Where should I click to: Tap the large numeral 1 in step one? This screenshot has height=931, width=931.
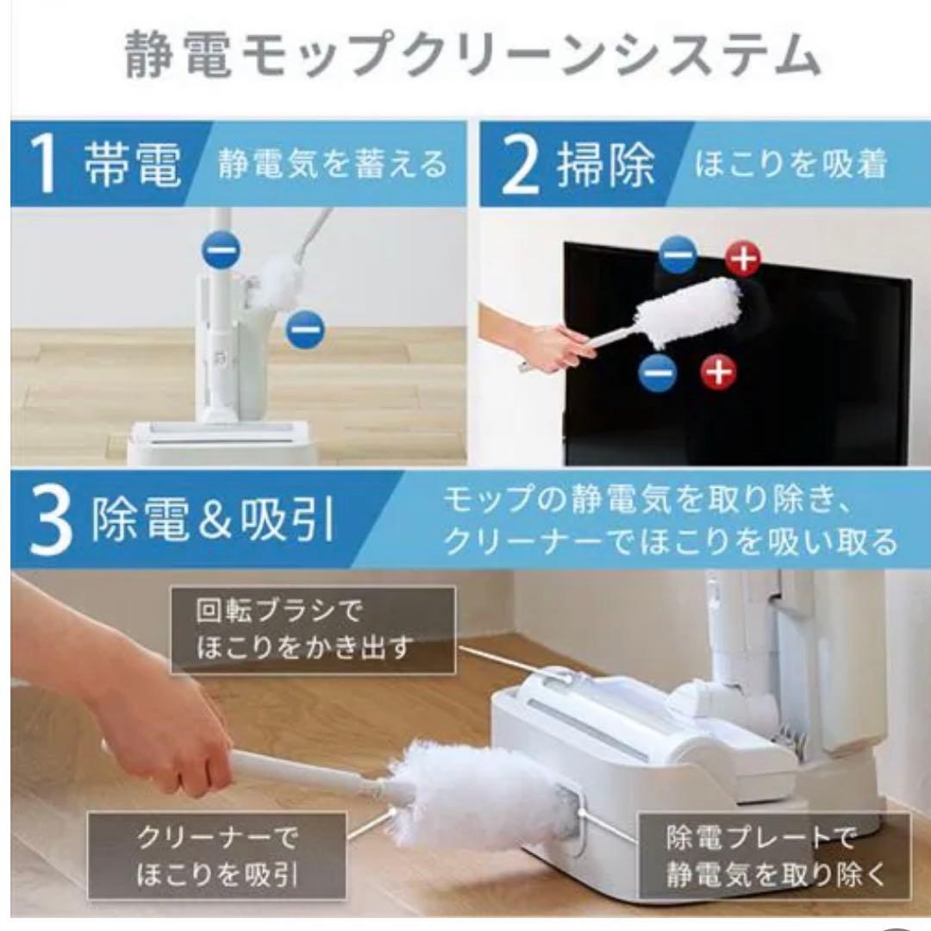click(45, 163)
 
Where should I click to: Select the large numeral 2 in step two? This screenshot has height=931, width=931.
click(520, 164)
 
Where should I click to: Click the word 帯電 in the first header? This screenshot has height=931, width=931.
click(132, 164)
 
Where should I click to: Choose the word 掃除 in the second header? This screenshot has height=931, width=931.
click(605, 165)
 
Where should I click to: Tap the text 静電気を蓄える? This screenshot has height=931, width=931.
click(333, 164)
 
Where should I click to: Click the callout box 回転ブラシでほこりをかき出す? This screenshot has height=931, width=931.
click(314, 630)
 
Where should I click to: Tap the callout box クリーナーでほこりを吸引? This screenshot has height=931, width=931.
click(216, 856)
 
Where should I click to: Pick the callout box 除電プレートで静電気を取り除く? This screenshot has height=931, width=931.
click(774, 856)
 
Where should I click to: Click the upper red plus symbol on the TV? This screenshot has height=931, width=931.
click(743, 259)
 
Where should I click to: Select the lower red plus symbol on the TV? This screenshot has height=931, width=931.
click(719, 372)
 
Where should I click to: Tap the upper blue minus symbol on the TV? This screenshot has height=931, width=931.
click(678, 254)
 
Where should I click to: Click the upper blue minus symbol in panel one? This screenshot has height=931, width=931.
click(222, 249)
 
